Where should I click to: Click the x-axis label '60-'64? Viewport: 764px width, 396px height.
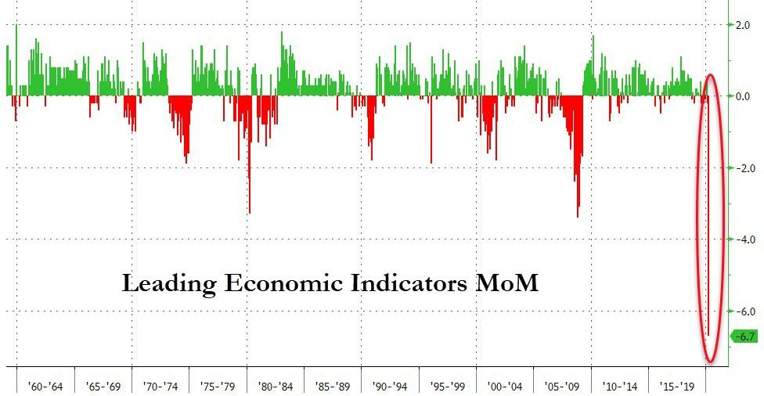tap(45, 386)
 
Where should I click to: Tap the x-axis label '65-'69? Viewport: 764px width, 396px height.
tap(103, 386)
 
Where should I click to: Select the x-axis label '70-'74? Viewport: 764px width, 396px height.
tap(160, 386)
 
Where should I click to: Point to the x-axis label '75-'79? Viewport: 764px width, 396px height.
tap(218, 386)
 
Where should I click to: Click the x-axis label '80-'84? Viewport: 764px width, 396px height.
tap(276, 386)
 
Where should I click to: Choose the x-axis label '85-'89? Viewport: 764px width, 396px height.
tap(333, 386)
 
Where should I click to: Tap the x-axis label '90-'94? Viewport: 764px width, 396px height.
tap(391, 386)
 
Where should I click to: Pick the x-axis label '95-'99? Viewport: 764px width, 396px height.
tap(448, 386)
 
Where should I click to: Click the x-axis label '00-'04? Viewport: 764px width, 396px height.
tap(505, 386)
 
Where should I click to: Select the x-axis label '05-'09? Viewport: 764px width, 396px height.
tap(563, 386)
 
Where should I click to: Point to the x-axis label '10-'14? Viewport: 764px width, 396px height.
tap(620, 386)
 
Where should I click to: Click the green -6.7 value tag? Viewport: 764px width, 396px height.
tap(744, 337)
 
